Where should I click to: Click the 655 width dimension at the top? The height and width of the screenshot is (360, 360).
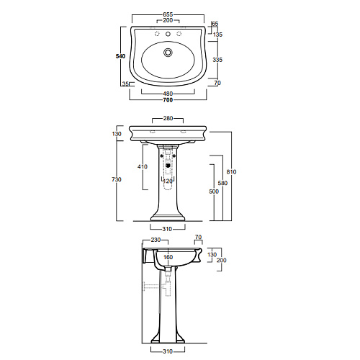click(168, 14)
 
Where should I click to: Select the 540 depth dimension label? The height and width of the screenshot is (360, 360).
click(120, 56)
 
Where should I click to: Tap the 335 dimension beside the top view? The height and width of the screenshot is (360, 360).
click(217, 60)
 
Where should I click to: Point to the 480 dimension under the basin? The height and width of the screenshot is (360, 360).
click(168, 94)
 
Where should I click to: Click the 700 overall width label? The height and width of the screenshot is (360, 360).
click(168, 100)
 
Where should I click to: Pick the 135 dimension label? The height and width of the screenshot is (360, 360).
click(217, 35)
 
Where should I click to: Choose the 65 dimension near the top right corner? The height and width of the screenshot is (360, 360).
click(215, 24)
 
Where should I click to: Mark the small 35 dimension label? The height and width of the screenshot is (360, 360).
click(125, 84)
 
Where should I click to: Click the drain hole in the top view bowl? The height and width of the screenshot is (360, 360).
click(168, 53)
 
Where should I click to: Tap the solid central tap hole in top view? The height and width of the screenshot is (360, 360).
click(168, 34)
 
